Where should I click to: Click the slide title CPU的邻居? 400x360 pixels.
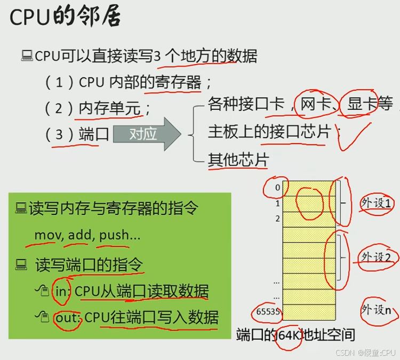click(65, 17)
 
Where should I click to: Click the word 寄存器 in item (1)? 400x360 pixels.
click(178, 82)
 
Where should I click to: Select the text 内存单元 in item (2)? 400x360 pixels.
click(109, 108)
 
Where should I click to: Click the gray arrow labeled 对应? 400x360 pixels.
click(147, 134)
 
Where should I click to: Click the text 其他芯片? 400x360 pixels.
click(238, 159)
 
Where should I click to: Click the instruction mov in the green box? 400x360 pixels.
click(44, 235)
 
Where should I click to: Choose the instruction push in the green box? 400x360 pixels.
click(114, 235)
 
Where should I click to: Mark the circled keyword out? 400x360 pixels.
click(67, 317)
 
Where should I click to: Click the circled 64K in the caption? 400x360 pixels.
click(289, 335)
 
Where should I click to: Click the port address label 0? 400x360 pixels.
click(277, 188)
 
